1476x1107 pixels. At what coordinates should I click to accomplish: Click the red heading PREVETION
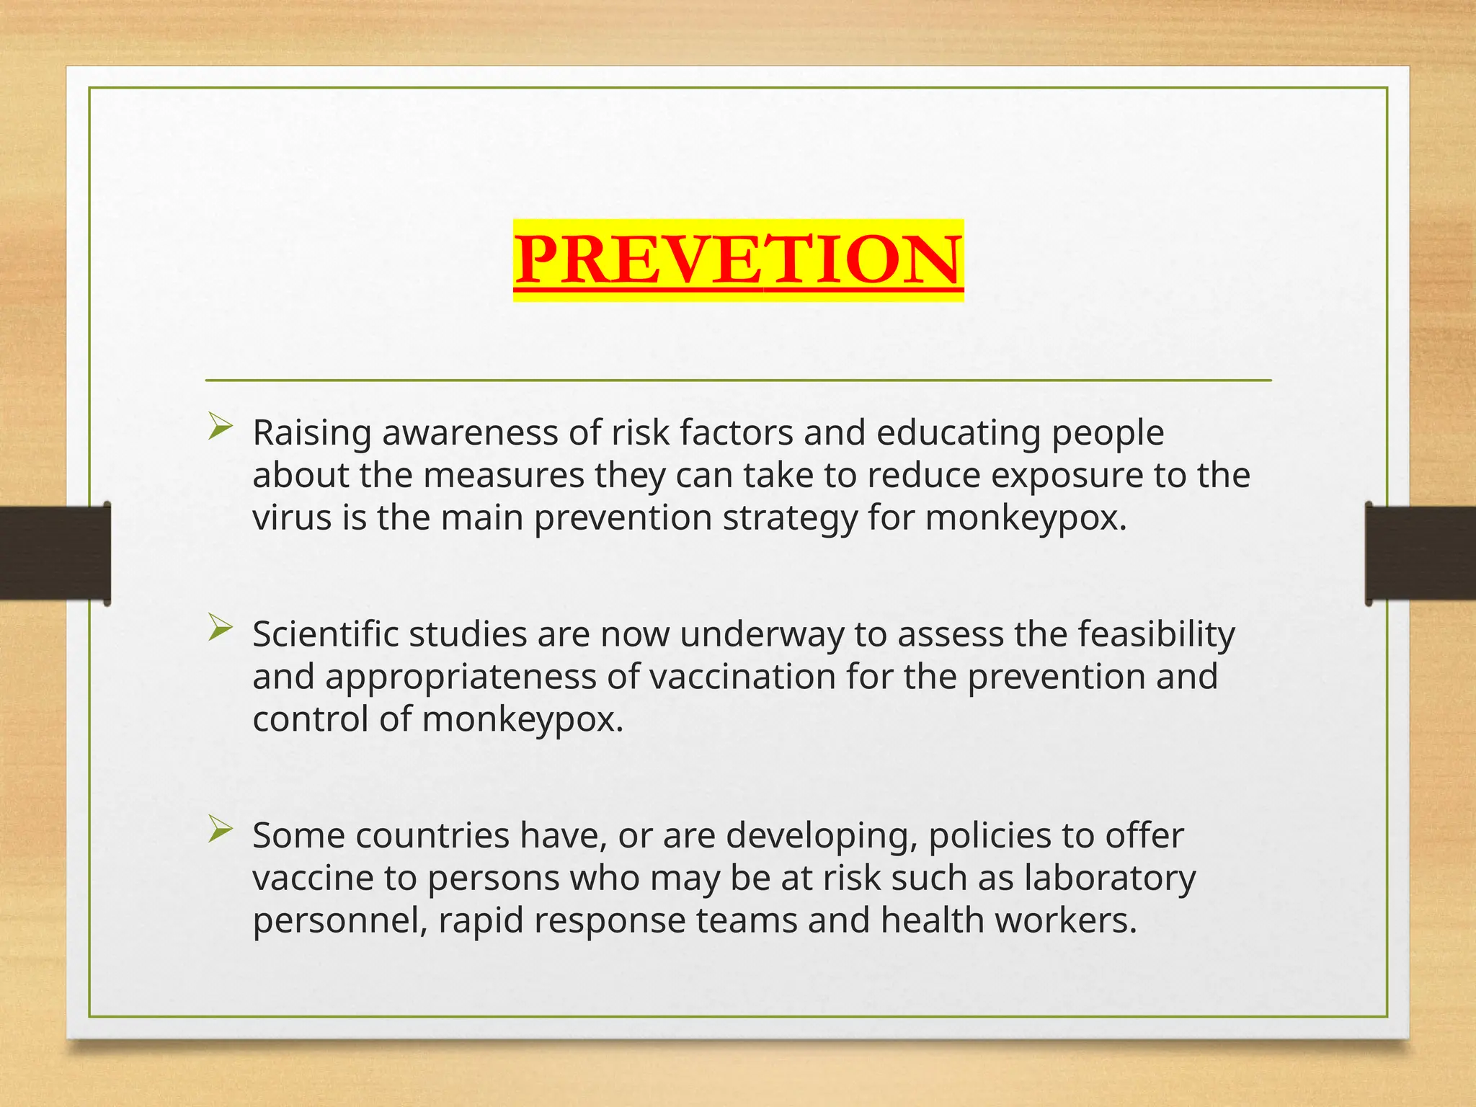pos(738,259)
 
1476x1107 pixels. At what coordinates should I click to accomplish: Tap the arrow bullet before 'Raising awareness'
pos(220,427)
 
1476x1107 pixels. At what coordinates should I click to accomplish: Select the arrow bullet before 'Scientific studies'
pos(220,628)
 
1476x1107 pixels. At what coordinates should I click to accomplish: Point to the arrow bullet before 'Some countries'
pos(220,830)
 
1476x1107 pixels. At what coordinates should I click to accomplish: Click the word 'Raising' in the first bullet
pos(312,433)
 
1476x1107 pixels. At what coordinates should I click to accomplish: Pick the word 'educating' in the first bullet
pos(959,433)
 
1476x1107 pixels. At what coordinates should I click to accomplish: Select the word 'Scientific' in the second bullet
pos(325,635)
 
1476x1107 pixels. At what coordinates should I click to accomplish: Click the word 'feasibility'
pos(1156,635)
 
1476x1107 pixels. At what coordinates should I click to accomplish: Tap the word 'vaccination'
pos(742,677)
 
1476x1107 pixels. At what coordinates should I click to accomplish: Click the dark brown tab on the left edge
pos(55,553)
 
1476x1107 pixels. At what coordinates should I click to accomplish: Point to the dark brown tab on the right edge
pos(1420,553)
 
